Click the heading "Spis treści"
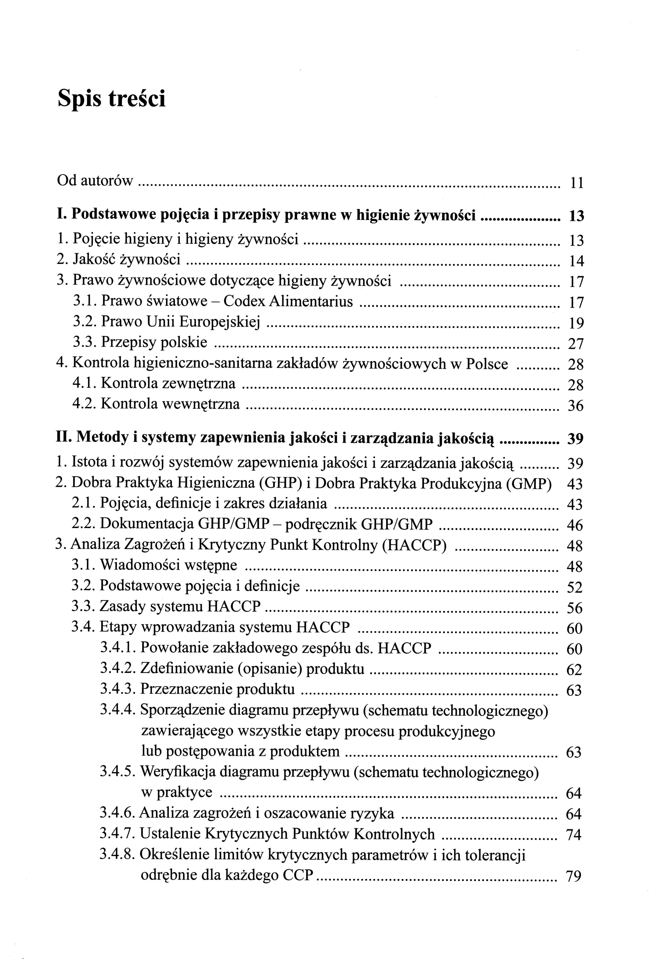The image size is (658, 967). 111,99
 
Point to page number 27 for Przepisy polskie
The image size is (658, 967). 576,344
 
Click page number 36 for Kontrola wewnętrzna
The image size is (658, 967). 576,406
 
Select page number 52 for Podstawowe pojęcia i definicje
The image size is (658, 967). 575,587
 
